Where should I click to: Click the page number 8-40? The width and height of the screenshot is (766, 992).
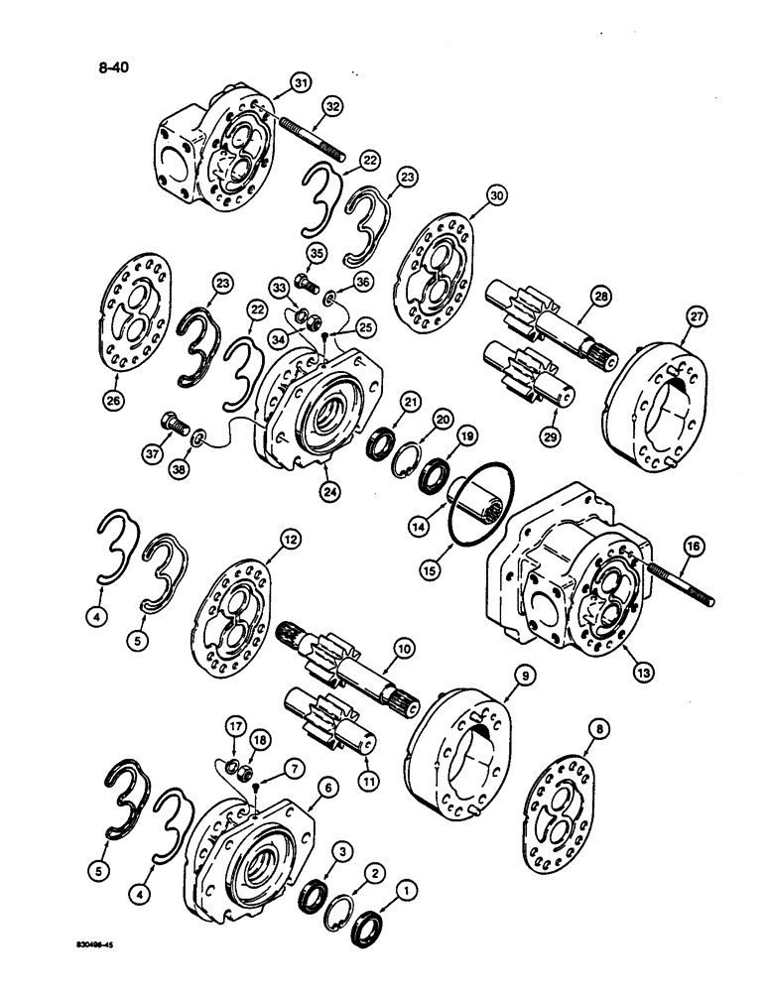(103, 68)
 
